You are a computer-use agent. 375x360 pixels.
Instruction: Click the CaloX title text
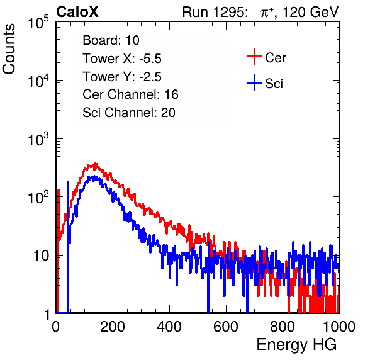pyautogui.click(x=77, y=12)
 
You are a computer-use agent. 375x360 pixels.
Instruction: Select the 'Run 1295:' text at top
pyautogui.click(x=215, y=12)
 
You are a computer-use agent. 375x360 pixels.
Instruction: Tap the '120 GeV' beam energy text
pyautogui.click(x=310, y=12)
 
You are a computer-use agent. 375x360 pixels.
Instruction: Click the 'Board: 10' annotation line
pyautogui.click(x=111, y=40)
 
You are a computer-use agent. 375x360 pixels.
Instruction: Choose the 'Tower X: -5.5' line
pyautogui.click(x=122, y=59)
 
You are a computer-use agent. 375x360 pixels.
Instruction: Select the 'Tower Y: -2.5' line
pyautogui.click(x=122, y=77)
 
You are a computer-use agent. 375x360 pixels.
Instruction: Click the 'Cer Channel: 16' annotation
pyautogui.click(x=130, y=94)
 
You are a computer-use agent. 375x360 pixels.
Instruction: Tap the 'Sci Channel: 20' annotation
pyautogui.click(x=129, y=113)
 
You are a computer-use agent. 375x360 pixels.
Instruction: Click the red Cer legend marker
pyautogui.click(x=254, y=57)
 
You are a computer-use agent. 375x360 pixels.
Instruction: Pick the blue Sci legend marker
pyautogui.click(x=254, y=82)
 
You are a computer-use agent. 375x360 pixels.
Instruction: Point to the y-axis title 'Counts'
pyautogui.click(x=9, y=49)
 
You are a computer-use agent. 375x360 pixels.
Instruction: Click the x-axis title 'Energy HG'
pyautogui.click(x=296, y=345)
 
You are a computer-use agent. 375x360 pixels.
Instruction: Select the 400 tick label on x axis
pyautogui.click(x=169, y=327)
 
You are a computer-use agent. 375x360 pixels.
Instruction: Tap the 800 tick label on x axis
pyautogui.click(x=283, y=327)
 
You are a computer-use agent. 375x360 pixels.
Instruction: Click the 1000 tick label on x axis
pyautogui.click(x=339, y=327)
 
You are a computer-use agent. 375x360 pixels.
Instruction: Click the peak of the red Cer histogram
pyautogui.click(x=96, y=164)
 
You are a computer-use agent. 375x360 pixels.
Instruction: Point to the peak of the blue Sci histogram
pyautogui.click(x=94, y=177)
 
